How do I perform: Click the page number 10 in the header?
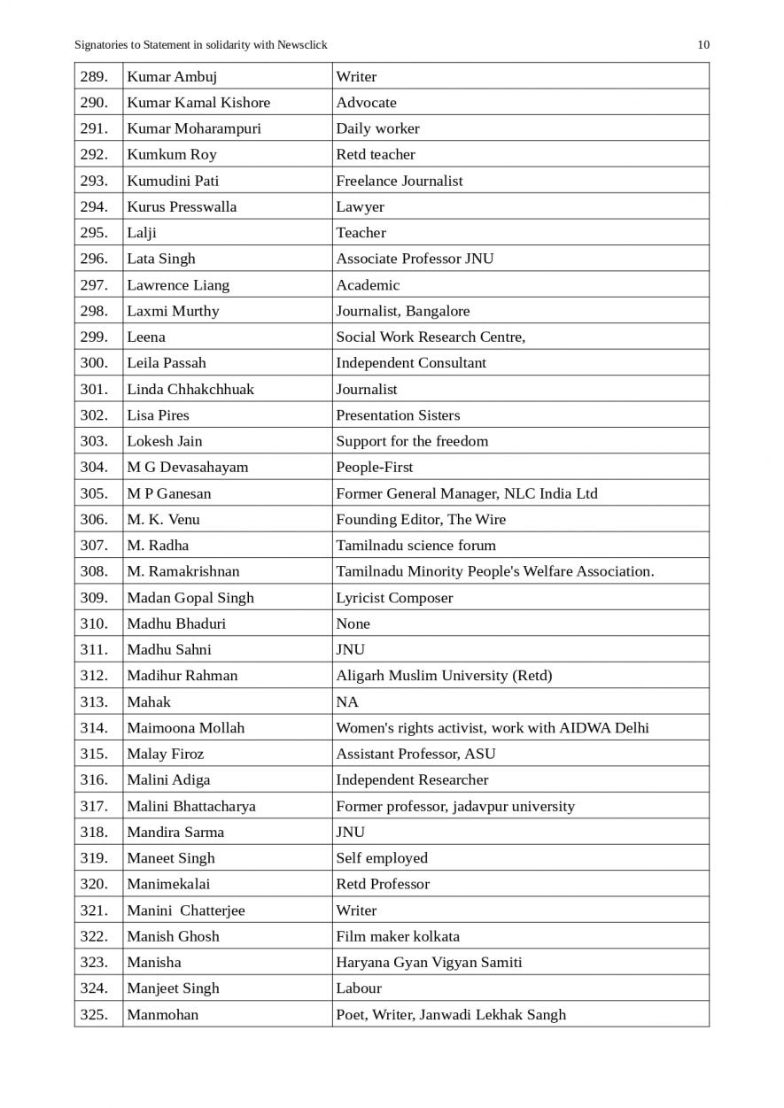pyautogui.click(x=703, y=45)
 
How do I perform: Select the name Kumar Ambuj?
pyautogui.click(x=172, y=76)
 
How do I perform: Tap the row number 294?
pyautogui.click(x=94, y=206)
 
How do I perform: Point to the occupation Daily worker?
pyautogui.click(x=377, y=128)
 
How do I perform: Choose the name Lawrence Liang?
pyautogui.click(x=178, y=284)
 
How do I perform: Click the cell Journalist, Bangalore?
pyautogui.click(x=403, y=311)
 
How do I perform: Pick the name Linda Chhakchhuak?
pyautogui.click(x=190, y=389)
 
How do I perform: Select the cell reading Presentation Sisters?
pyautogui.click(x=398, y=415)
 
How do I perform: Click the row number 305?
pyautogui.click(x=94, y=493)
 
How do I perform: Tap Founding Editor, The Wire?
pyautogui.click(x=421, y=519)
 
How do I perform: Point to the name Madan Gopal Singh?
pyautogui.click(x=190, y=597)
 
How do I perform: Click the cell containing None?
pyautogui.click(x=353, y=624)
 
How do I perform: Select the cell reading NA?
pyautogui.click(x=347, y=701)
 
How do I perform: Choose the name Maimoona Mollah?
pyautogui.click(x=186, y=727)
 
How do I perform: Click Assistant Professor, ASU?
pyautogui.click(x=415, y=754)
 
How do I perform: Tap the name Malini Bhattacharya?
pyautogui.click(x=191, y=806)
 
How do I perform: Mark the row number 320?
pyautogui.click(x=94, y=884)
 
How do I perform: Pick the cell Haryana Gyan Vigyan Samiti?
pyautogui.click(x=429, y=962)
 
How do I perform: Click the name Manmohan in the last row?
pyautogui.click(x=163, y=1014)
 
